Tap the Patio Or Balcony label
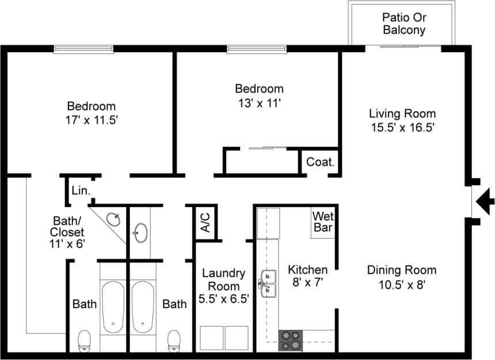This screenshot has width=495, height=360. click(x=404, y=23)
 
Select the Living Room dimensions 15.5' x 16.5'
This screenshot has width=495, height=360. click(x=402, y=127)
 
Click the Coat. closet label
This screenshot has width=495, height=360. click(x=320, y=162)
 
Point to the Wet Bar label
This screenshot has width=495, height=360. click(x=322, y=221)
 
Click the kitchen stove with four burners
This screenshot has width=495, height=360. click(x=291, y=340)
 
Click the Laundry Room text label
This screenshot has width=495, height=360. click(x=223, y=279)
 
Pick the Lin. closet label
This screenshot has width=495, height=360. click(x=79, y=190)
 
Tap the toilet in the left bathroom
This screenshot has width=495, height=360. click(x=85, y=340)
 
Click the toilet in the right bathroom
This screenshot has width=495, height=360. click(x=173, y=340)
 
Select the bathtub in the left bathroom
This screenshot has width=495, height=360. click(x=113, y=307)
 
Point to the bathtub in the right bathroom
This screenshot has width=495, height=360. click(x=142, y=307)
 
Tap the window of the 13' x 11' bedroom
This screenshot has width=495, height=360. click(x=256, y=49)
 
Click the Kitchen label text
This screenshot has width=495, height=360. click(x=307, y=270)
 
